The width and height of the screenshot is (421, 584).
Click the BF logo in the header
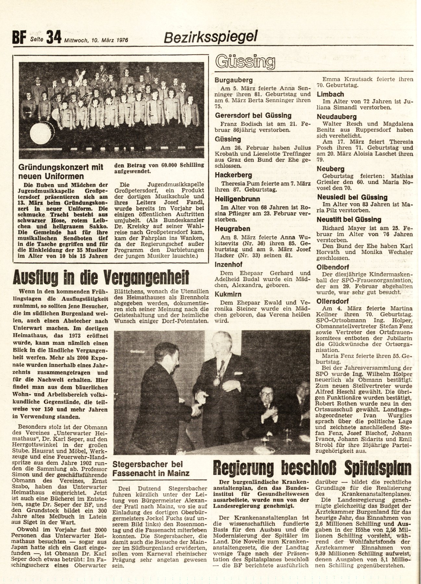[x=19, y=38]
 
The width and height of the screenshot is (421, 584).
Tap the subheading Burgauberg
[x=234, y=80]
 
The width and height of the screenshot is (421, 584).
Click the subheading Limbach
[x=330, y=94]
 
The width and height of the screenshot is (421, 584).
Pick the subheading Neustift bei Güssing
[x=349, y=220]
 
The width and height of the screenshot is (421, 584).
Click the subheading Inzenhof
[x=229, y=265]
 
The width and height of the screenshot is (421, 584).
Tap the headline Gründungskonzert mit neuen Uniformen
[x=61, y=172]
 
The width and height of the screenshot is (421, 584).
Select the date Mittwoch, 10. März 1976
[x=96, y=40]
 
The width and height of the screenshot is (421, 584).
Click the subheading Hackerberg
[x=233, y=175]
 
